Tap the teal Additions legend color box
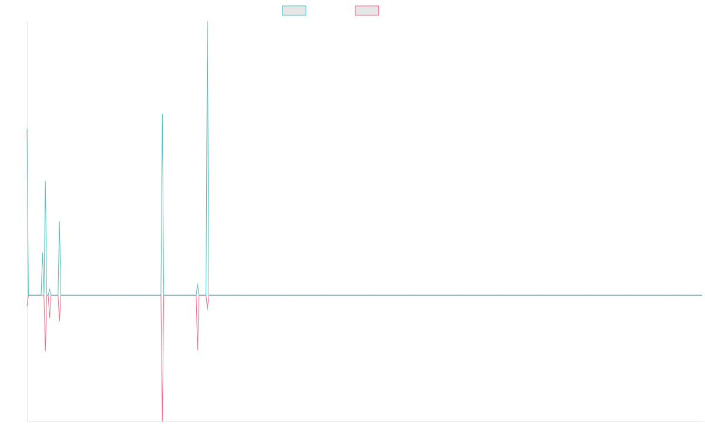point(294,11)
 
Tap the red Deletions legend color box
point(367,11)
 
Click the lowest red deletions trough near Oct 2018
point(162,420)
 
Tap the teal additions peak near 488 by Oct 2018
point(162,115)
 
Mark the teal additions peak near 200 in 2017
point(59,221)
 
